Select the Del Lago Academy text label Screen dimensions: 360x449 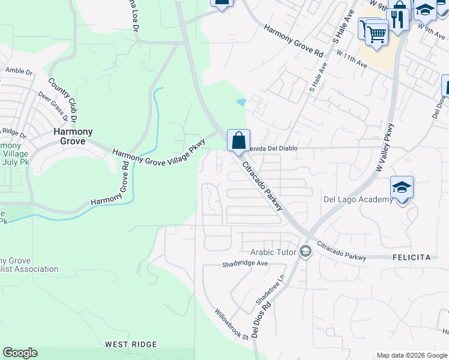358,200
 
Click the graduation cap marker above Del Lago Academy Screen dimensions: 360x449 402,187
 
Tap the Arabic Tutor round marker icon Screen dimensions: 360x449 306,252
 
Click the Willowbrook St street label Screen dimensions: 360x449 232,325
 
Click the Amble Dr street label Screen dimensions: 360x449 19,71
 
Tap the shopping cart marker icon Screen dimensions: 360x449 376,33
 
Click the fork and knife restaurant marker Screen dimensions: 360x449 397,17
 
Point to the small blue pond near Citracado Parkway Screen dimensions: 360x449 241,102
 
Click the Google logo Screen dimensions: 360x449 20,353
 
